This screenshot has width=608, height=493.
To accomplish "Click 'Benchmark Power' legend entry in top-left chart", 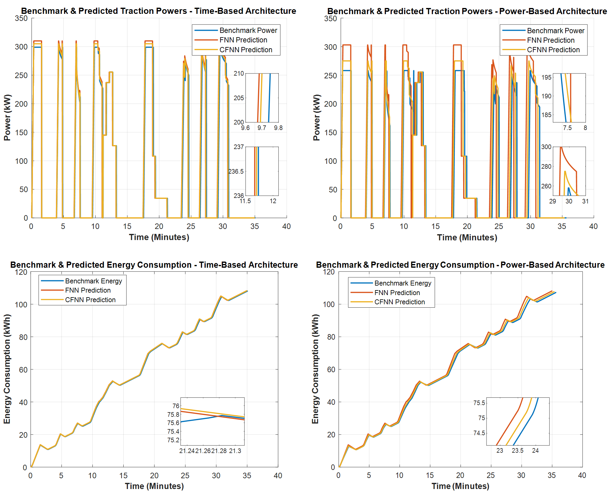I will (x=248, y=30).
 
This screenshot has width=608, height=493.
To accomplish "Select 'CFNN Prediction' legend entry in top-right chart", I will (x=553, y=50).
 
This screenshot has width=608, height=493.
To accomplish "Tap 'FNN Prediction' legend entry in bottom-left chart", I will (x=88, y=290).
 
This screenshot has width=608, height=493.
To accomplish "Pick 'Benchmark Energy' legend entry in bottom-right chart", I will (x=403, y=283).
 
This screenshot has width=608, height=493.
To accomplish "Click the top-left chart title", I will (x=158, y=11).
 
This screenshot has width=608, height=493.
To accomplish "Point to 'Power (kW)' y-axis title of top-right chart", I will (x=316, y=117).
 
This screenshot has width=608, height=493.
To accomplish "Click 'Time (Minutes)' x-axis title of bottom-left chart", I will (x=154, y=486).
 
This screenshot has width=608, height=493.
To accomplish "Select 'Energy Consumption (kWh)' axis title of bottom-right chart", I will (x=315, y=369).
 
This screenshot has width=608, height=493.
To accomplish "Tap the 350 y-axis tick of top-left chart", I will (x=21, y=18).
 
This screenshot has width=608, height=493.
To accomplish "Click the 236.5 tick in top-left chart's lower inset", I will (x=236, y=172).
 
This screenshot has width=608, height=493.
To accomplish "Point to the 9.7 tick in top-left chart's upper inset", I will (x=262, y=128).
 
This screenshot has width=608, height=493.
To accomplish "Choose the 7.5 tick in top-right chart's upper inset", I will (x=567, y=128).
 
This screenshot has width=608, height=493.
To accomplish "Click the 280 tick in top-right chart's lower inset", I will (x=546, y=167).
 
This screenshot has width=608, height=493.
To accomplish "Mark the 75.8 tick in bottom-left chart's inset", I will (x=173, y=415).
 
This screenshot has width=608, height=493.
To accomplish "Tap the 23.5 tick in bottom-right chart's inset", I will (x=517, y=451).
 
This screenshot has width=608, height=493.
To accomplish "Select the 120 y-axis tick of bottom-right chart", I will (x=329, y=272).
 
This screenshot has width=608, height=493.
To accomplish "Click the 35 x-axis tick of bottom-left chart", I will (x=247, y=475).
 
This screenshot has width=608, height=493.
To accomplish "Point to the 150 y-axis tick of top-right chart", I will (x=330, y=132).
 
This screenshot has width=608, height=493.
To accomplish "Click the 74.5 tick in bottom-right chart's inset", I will (x=479, y=433).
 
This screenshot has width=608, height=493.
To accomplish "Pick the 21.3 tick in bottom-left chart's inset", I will (x=235, y=451).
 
